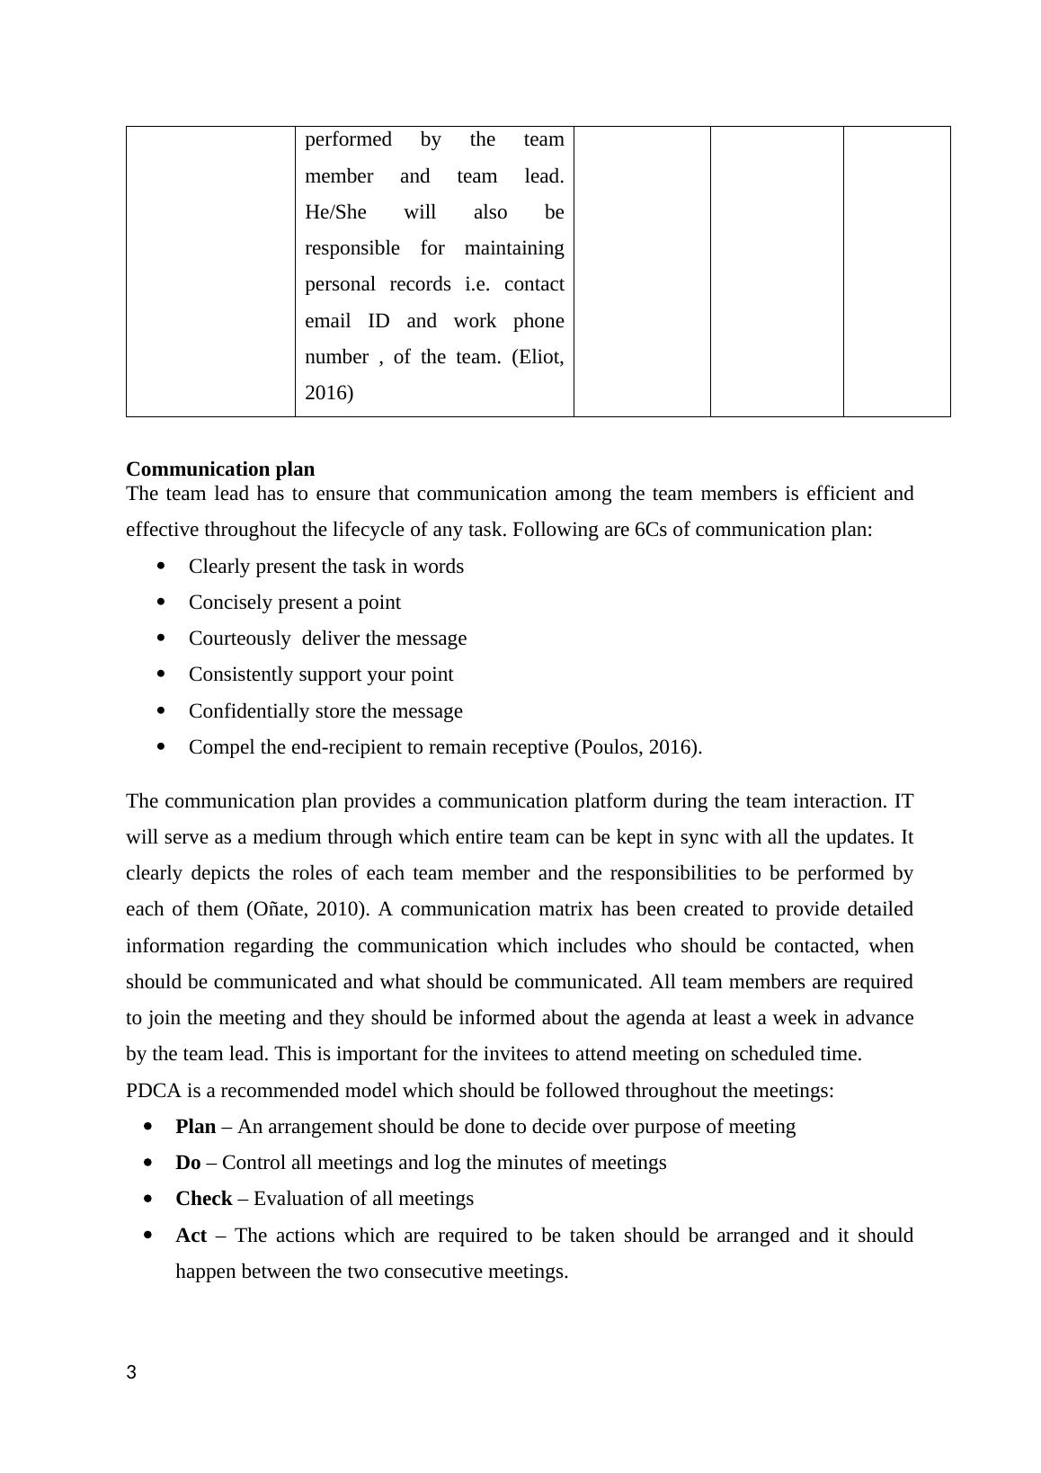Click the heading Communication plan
click(220, 469)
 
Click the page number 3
click(131, 1372)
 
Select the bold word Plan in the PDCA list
click(195, 1127)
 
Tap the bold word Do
click(188, 1163)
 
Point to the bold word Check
click(203, 1199)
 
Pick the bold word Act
click(191, 1236)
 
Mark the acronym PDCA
click(154, 1091)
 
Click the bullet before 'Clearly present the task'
click(162, 566)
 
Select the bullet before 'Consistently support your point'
click(162, 674)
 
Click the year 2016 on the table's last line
click(329, 393)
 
